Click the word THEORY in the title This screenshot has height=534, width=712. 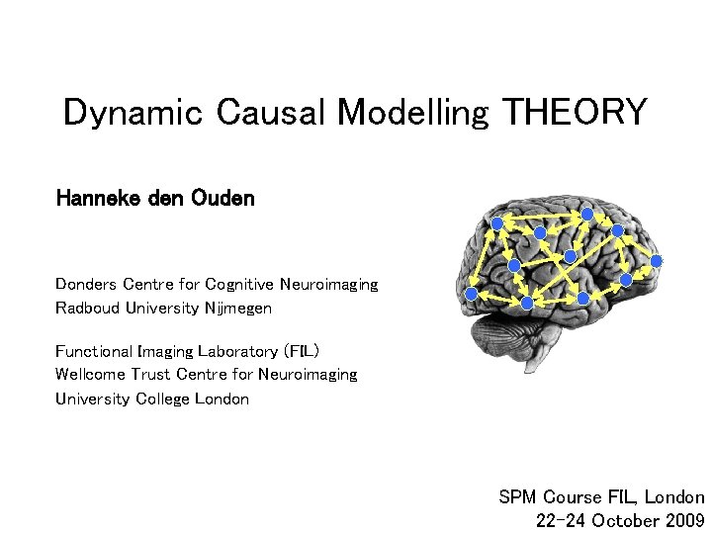tap(575, 113)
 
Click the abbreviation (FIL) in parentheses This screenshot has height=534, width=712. tap(301, 351)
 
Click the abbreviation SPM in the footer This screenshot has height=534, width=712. tap(516, 497)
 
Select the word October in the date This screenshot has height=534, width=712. tap(623, 520)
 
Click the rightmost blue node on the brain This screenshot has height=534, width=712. tap(657, 261)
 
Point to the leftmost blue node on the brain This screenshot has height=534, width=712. tap(472, 295)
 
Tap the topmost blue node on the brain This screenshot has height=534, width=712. tap(587, 213)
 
